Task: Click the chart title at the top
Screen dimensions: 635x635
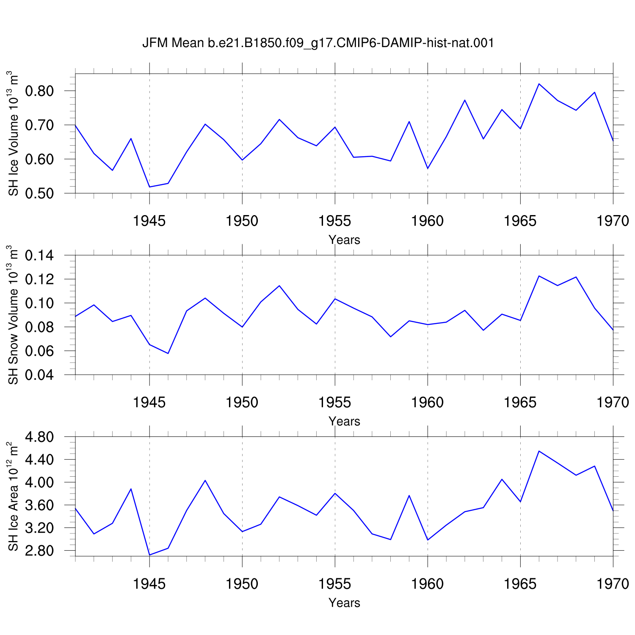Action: (318, 43)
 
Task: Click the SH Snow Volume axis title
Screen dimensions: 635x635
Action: (14, 315)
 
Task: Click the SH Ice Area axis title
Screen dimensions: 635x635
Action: (14, 496)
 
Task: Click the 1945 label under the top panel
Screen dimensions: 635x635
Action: (149, 221)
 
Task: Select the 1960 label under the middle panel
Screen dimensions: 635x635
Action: (428, 403)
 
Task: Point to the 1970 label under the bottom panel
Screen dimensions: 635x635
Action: (613, 584)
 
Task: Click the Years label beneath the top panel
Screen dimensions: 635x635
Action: (345, 240)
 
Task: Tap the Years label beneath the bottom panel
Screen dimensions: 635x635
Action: (345, 603)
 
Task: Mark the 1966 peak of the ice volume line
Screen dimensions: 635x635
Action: (539, 84)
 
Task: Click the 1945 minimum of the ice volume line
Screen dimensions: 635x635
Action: (149, 187)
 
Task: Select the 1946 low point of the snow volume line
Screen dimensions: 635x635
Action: (168, 353)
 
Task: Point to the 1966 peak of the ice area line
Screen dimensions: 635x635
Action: (539, 451)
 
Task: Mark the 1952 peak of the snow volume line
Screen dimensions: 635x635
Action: (279, 286)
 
